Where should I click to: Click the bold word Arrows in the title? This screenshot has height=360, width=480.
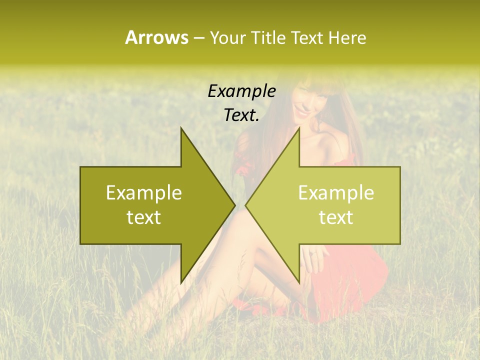[156, 37]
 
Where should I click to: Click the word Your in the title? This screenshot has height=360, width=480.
[228, 38]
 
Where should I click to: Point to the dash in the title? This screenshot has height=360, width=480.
[198, 38]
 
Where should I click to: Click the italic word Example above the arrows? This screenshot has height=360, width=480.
[241, 91]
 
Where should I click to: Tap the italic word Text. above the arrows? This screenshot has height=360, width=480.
[241, 115]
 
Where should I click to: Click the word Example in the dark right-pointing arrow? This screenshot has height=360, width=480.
[144, 193]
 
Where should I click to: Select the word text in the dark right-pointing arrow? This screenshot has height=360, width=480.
[144, 217]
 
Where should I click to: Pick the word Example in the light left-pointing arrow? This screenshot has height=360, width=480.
[336, 193]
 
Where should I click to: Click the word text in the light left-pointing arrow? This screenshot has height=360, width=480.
[336, 217]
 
